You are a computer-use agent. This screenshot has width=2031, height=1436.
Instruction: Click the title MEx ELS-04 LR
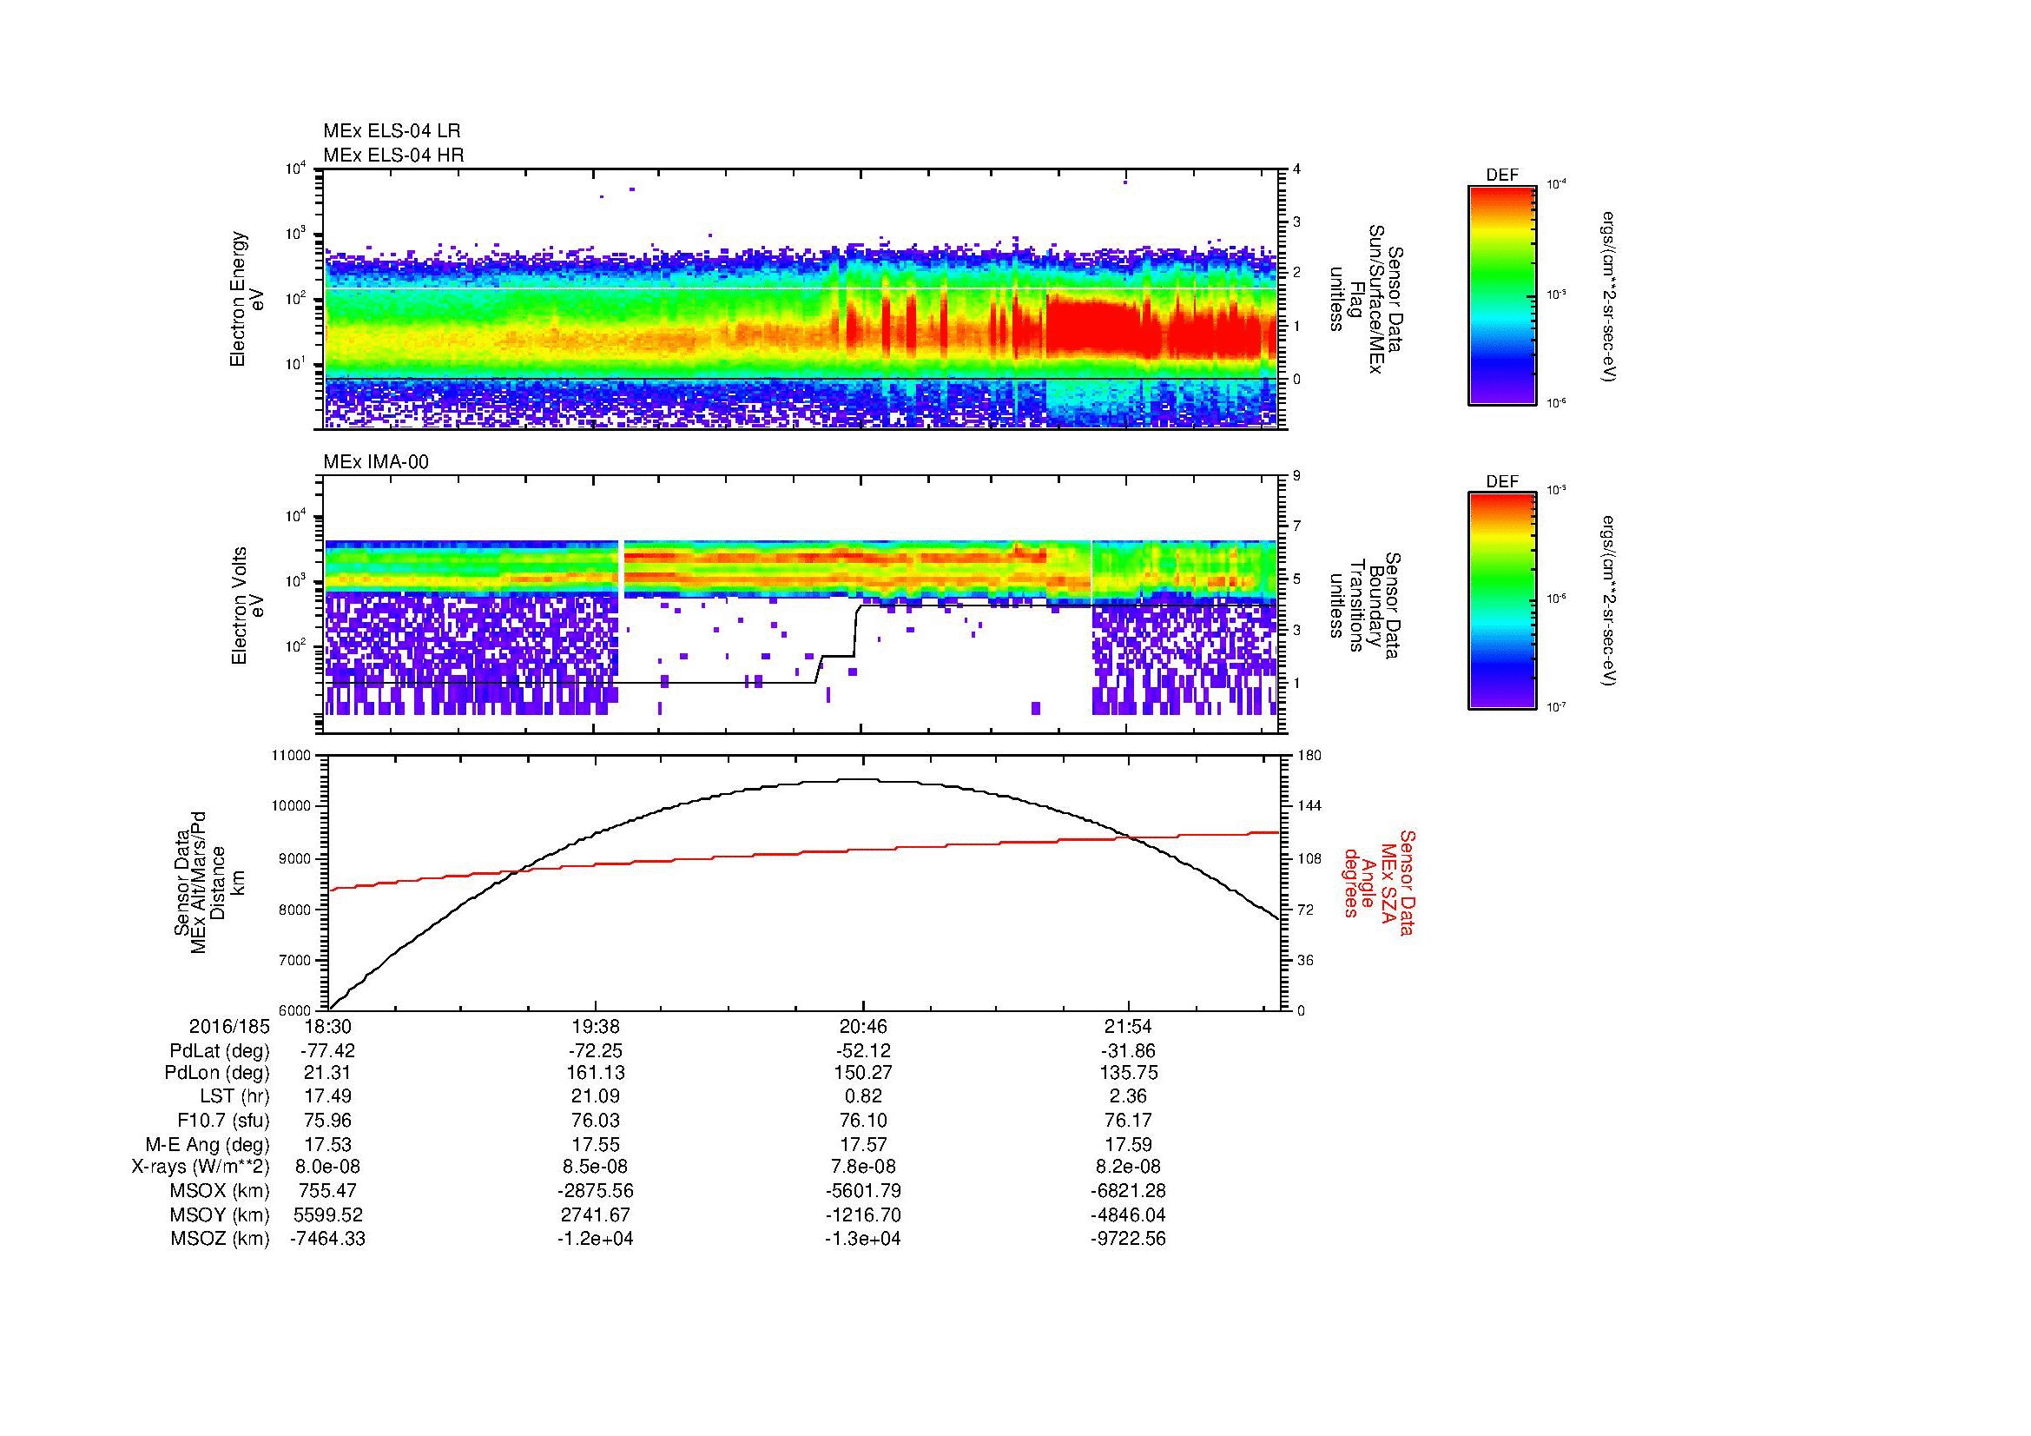391,131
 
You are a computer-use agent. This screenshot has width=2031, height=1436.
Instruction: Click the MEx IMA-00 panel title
375,462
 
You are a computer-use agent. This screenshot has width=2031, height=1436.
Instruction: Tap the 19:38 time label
596,1027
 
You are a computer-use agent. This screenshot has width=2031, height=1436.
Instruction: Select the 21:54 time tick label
1128,1027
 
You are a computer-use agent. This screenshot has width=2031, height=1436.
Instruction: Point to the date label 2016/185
228,1027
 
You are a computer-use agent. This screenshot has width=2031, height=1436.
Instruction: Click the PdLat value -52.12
862,1051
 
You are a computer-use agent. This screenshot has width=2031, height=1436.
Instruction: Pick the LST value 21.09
596,1097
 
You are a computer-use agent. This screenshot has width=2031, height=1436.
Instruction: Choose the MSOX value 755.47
328,1191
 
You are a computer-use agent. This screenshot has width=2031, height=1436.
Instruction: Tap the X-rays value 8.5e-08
596,1167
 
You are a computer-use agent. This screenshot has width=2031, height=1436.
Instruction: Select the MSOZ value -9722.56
1128,1239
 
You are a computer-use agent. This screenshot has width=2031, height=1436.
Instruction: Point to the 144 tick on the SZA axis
1309,806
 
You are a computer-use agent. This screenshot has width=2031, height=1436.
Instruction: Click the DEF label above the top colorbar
1501,175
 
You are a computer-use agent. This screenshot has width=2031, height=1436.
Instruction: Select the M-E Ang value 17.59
1128,1144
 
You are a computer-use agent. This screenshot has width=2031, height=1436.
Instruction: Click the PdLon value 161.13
596,1073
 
